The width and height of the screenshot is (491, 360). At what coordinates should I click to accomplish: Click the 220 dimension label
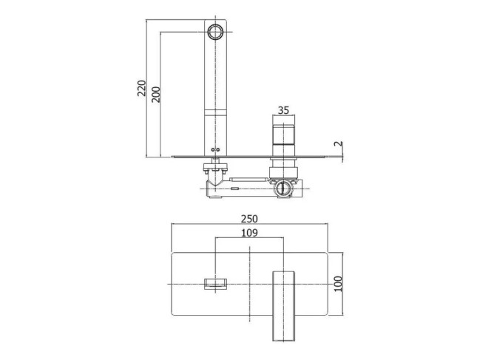(x=141, y=88)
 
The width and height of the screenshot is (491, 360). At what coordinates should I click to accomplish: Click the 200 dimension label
(x=155, y=94)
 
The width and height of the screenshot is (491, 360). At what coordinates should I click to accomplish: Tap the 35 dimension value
(x=283, y=110)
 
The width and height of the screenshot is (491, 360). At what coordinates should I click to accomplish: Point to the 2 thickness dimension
(x=339, y=143)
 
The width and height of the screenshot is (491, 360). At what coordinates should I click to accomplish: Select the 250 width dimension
(x=249, y=219)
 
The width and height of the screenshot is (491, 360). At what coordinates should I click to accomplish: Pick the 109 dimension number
(x=249, y=233)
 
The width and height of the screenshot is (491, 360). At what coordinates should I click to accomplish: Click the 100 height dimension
(x=339, y=284)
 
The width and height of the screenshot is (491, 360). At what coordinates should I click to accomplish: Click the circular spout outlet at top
(x=215, y=32)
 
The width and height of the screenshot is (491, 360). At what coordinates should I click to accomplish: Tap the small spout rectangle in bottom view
(x=215, y=284)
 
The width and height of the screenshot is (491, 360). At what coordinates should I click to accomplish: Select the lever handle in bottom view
(x=283, y=306)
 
